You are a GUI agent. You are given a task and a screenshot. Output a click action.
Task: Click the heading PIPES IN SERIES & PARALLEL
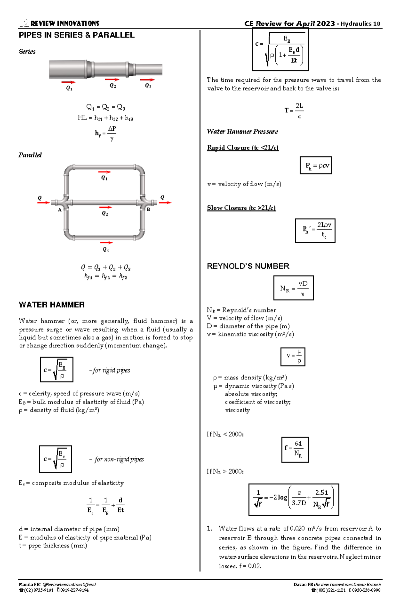tap(77, 35)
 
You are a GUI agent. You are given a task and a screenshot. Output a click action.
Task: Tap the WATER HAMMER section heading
tap(52, 305)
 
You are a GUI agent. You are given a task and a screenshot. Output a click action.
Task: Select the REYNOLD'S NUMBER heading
tap(248, 266)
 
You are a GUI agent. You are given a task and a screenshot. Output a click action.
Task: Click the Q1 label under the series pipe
tap(69, 88)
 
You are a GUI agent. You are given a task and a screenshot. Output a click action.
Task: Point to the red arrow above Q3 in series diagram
tap(147, 80)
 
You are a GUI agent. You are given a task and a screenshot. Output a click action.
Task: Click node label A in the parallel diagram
tap(60, 210)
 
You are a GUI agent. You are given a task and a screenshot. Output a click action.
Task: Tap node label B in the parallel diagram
tap(148, 209)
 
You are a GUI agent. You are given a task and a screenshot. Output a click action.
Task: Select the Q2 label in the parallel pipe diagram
tap(105, 213)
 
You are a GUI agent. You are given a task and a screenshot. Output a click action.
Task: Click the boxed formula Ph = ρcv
tap(316, 165)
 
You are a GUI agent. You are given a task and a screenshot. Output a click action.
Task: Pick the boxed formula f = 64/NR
tap(295, 450)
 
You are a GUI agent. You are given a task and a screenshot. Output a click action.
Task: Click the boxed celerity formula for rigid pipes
tap(56, 370)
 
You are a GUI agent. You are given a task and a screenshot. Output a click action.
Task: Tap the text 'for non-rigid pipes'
tap(119, 459)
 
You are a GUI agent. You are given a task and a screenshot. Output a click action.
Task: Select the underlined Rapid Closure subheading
tap(243, 147)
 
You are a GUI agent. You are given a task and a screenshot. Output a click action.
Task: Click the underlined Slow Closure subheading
tap(241, 208)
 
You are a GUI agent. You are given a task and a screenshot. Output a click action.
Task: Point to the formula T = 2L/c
tap(294, 111)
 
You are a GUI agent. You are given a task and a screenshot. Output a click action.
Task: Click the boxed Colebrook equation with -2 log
tap(294, 500)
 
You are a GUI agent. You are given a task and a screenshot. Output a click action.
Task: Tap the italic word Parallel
tap(30, 155)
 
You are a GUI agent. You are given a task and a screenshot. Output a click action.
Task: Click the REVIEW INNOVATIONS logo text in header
tap(65, 23)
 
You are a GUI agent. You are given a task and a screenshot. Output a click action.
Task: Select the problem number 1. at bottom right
tap(209, 529)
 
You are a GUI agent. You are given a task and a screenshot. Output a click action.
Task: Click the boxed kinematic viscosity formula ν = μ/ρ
tap(293, 357)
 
